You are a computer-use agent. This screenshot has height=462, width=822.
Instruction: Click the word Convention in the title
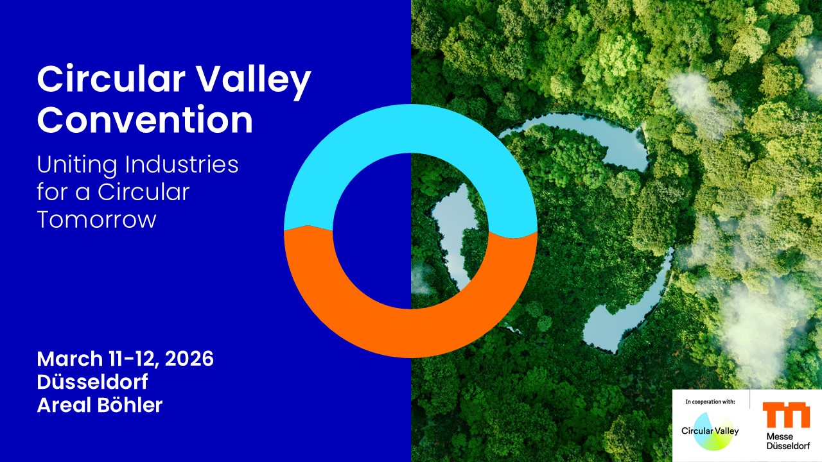tap(145, 119)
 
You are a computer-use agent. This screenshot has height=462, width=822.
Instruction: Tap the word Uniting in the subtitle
tap(76, 166)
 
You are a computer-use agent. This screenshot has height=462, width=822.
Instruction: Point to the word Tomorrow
tap(97, 219)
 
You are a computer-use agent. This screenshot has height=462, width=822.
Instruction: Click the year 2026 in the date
tap(189, 359)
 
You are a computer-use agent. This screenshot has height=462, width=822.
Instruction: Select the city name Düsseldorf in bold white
tap(92, 382)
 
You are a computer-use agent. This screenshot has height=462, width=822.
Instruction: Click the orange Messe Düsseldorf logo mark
tap(786, 415)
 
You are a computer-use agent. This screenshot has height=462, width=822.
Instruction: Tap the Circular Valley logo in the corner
tap(710, 431)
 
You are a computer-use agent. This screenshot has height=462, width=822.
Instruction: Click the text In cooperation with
tap(710, 402)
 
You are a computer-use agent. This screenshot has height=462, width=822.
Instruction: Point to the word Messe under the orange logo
tap(780, 437)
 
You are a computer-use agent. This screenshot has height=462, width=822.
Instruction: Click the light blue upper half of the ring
tap(410, 128)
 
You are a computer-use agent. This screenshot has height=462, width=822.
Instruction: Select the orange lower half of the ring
tap(410, 333)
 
